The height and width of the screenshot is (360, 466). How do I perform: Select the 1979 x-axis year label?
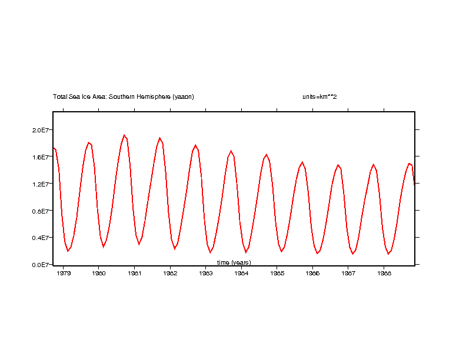(64, 273)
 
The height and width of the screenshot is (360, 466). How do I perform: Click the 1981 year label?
(135, 273)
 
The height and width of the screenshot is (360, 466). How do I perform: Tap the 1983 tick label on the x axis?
(206, 273)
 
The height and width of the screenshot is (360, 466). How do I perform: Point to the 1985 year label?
(277, 273)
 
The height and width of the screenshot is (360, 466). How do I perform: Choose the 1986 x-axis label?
(313, 273)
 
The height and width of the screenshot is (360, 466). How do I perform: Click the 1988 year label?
(384, 273)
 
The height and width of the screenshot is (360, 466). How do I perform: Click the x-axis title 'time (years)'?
(234, 262)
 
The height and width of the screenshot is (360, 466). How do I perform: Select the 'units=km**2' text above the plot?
(315, 96)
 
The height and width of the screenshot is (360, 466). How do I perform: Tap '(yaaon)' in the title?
(183, 96)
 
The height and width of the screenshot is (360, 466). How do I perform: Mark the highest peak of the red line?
(124, 135)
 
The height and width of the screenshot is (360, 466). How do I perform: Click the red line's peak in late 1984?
(267, 155)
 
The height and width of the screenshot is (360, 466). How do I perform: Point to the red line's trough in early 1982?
(175, 249)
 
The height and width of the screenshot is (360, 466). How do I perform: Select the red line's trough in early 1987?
(353, 254)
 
